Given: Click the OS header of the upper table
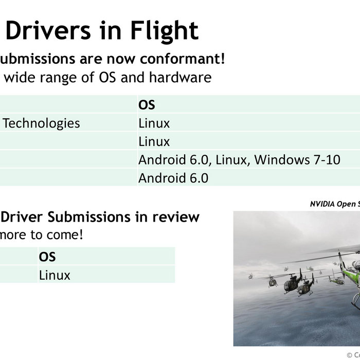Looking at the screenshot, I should click(147, 105).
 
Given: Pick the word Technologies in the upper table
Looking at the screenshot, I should click(42, 123).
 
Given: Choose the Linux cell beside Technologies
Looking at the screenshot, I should click(154, 123).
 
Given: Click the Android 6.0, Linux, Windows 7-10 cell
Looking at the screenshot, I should click(239, 160).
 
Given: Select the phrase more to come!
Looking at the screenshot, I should click(42, 235).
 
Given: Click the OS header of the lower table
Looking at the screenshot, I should click(47, 257).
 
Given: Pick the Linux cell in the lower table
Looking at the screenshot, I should click(55, 275).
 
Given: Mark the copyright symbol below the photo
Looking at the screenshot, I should click(350, 355).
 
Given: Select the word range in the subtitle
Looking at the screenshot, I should click(57, 78).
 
